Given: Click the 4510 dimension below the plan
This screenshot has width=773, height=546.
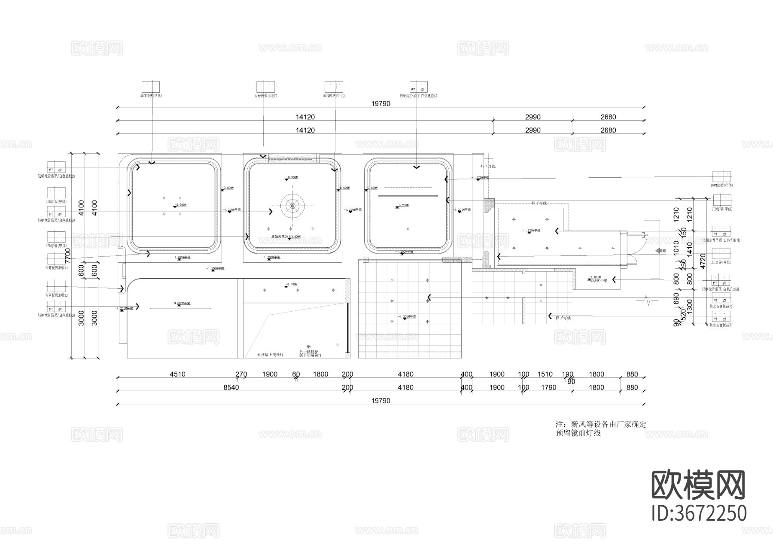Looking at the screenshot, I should click(177, 374).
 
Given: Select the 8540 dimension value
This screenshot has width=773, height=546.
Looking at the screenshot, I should click(231, 388).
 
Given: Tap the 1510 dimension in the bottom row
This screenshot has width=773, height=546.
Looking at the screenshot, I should click(545, 374).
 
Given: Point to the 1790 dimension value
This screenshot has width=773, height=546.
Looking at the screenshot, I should click(548, 388).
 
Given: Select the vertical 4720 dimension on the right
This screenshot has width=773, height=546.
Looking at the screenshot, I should click(703, 261).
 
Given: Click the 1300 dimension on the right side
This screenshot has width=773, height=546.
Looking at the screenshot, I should click(690, 306).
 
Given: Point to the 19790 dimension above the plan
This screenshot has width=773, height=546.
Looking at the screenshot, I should click(380, 103).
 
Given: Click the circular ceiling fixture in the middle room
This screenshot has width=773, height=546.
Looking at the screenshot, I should click(292, 206).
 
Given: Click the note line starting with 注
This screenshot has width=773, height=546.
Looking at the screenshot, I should click(601, 425).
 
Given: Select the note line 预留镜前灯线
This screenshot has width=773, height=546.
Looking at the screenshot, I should click(578, 433).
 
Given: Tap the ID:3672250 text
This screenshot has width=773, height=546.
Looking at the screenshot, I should click(699, 513).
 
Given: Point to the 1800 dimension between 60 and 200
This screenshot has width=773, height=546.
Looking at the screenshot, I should click(320, 374).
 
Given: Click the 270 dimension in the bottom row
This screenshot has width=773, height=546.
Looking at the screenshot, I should click(241, 374).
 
